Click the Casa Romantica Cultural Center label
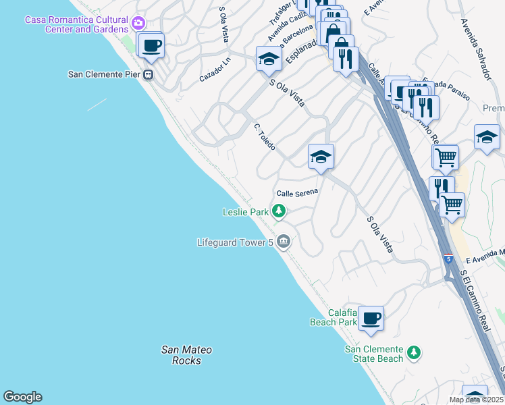pyautogui.click(x=76, y=24)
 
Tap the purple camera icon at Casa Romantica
pyautogui.click(x=139, y=23)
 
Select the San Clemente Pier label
pyautogui.click(x=105, y=74)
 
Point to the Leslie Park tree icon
pyautogui.click(x=278, y=212)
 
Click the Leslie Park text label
pyautogui.click(x=246, y=212)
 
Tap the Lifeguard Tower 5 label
pyautogui.click(x=235, y=242)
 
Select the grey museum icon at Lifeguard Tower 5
pyautogui.click(x=284, y=241)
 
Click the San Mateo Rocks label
pyautogui.click(x=186, y=355)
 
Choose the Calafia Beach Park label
pyautogui.click(x=333, y=317)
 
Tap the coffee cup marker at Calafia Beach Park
pyautogui.click(x=371, y=318)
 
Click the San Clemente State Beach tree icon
pyautogui.click(x=414, y=352)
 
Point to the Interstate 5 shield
pyautogui.click(x=449, y=259)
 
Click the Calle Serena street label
pyautogui.click(x=296, y=192)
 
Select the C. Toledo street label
pyautogui.click(x=264, y=136)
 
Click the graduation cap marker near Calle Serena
pyautogui.click(x=321, y=157)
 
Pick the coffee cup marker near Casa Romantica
pyautogui.click(x=152, y=46)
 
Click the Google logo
pyautogui.click(x=22, y=397)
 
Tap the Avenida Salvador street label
pyautogui.click(x=475, y=49)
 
